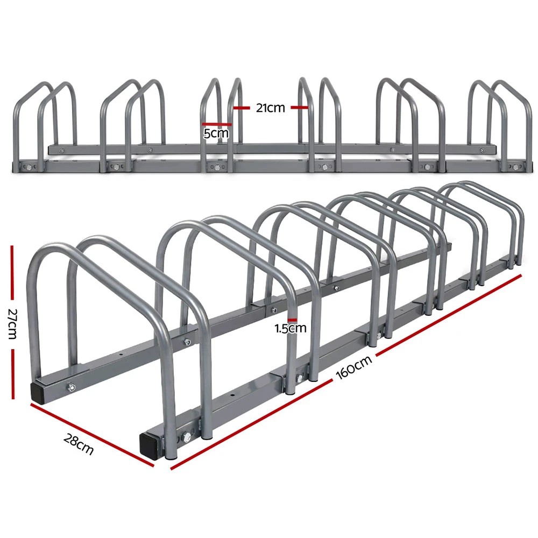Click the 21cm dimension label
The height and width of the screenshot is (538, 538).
[x=270, y=108]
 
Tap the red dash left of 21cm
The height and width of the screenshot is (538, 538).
[x=243, y=108]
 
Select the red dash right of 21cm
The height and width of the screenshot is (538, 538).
[x=300, y=108]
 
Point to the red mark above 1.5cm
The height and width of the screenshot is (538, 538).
[x=292, y=319]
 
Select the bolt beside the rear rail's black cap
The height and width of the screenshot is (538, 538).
[x=70, y=387]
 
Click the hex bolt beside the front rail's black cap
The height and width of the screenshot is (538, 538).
[x=186, y=438]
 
